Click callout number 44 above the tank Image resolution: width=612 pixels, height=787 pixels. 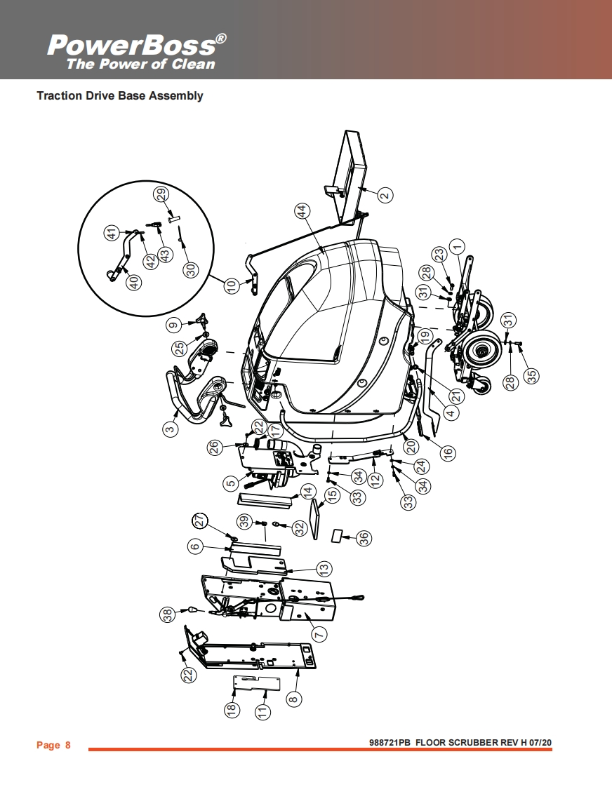[x=301, y=212]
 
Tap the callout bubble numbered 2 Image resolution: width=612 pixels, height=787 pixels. [x=385, y=196]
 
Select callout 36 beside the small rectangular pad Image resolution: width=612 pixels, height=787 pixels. [x=364, y=538]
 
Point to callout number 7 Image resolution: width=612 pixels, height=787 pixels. [x=319, y=634]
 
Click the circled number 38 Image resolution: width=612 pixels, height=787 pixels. [x=167, y=615]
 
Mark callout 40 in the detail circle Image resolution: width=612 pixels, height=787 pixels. [x=133, y=281]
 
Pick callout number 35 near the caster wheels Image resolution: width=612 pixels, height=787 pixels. [x=533, y=375]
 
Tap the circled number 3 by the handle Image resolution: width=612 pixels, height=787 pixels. [x=170, y=429]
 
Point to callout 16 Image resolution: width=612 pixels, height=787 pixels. [x=447, y=452]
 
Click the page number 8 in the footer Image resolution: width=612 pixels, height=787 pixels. [x=67, y=745]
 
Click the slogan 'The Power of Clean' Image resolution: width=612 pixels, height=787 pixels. [x=140, y=65]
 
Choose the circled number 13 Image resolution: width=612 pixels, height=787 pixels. [x=324, y=568]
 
